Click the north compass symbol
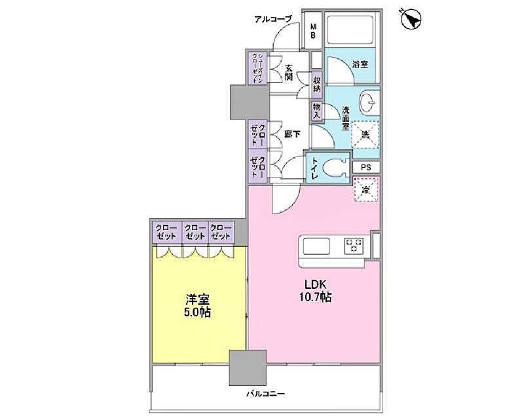[411, 19]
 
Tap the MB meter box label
[313, 31]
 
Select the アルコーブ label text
[272, 19]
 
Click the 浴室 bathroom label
[360, 64]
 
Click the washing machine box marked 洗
[365, 134]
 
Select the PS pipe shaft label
[366, 167]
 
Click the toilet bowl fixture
[338, 168]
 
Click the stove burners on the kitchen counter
[354, 246]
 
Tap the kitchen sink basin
[317, 246]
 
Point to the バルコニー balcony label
[265, 394]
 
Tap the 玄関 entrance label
[289, 71]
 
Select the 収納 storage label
[317, 83]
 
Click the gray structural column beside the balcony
[248, 368]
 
